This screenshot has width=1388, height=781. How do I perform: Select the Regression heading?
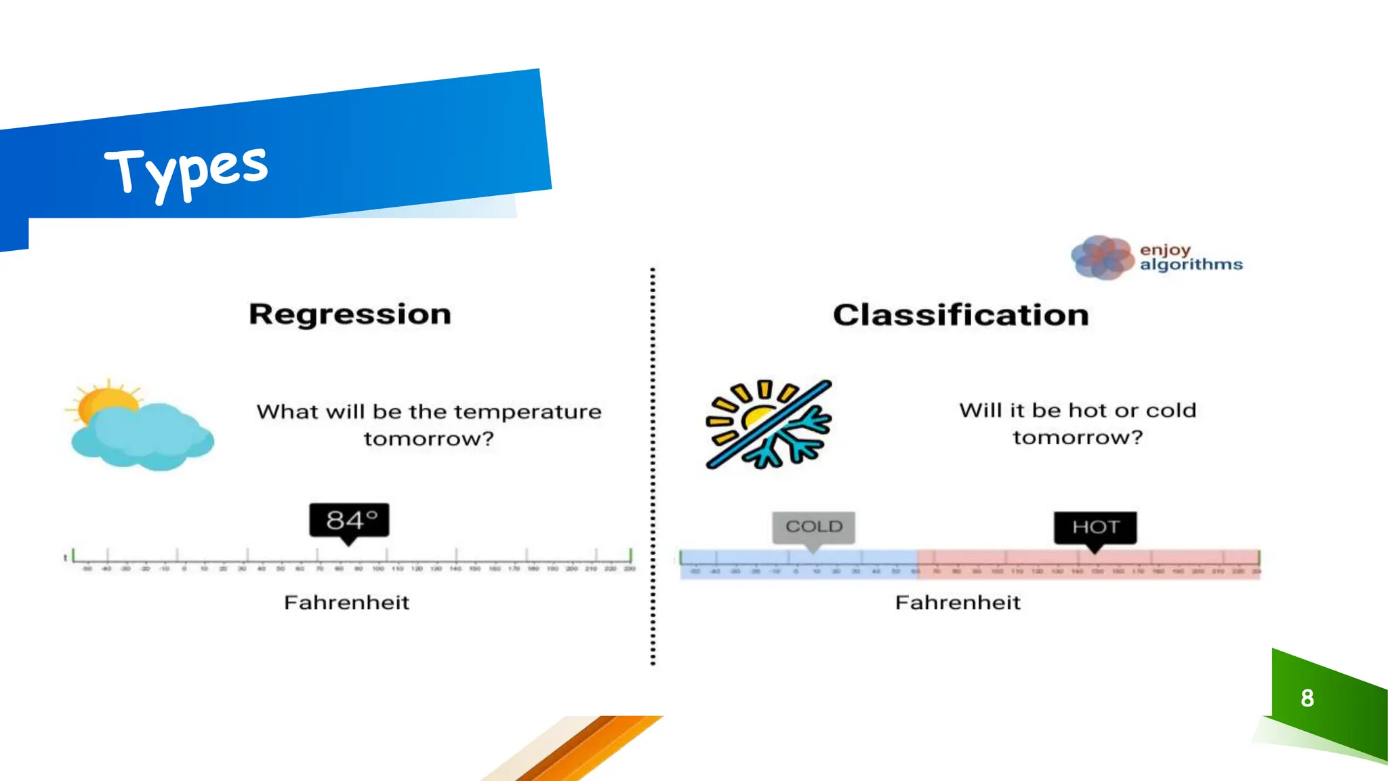350,315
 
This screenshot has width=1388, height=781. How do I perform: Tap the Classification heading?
960,315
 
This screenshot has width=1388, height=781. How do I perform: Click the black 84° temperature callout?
349,521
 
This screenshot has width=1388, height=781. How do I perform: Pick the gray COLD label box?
813,527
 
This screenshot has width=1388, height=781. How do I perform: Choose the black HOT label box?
1095,527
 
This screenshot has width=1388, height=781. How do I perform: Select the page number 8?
1307,698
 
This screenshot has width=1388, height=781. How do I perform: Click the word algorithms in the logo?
1191,264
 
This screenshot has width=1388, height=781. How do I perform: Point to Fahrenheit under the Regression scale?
346,603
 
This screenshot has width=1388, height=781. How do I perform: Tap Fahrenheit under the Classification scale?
957,603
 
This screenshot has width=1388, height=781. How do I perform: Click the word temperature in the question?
527,412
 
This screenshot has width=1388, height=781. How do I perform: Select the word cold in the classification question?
1170,411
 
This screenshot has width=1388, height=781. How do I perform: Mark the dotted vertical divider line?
653,468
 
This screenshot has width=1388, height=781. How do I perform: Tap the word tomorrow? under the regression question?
428,439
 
